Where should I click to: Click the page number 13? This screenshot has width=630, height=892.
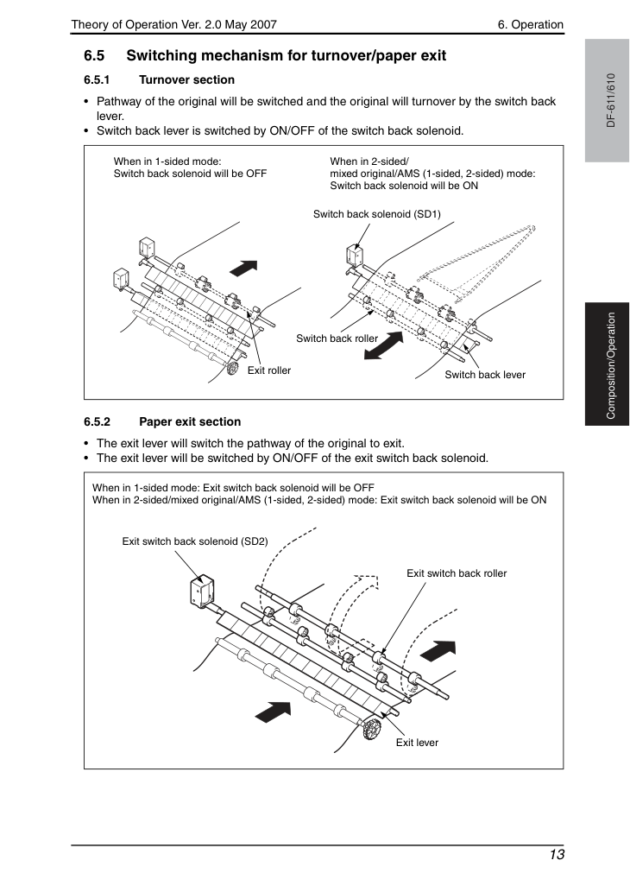[557, 855]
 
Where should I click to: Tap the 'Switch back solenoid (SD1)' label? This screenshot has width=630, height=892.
[377, 214]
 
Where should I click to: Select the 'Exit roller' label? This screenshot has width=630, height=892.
[269, 370]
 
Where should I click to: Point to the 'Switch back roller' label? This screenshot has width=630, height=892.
[337, 338]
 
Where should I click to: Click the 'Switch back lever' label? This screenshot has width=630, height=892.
[485, 374]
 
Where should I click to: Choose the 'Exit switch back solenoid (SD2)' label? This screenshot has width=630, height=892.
[195, 541]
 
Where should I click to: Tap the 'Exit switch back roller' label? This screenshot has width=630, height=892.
[457, 573]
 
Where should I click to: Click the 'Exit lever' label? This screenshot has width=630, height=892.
[418, 743]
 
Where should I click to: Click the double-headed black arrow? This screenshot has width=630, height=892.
[384, 345]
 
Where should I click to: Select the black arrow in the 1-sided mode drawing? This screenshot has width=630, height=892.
[244, 268]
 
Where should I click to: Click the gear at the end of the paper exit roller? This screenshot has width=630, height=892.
[371, 730]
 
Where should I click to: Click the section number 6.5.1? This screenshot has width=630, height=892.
[97, 79]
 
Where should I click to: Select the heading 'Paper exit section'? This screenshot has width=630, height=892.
[190, 421]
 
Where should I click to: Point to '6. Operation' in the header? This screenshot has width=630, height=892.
[531, 24]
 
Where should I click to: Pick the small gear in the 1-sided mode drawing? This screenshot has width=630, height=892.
[232, 368]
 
